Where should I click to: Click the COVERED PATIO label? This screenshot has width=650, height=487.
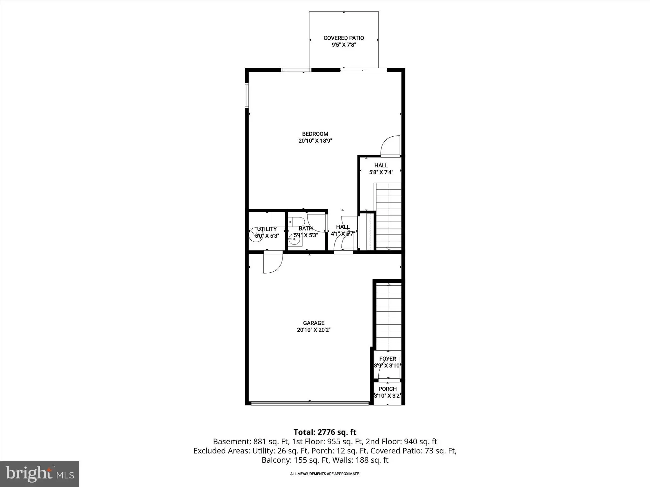(x=344, y=38)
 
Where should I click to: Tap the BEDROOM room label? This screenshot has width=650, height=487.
(x=315, y=134)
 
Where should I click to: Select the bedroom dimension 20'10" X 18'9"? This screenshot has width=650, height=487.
(x=315, y=141)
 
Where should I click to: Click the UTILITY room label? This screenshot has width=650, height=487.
(x=267, y=229)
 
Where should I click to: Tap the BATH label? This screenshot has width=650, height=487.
(x=306, y=228)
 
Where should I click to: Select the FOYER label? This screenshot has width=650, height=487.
(x=388, y=359)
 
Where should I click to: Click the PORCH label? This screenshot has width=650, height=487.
(x=388, y=389)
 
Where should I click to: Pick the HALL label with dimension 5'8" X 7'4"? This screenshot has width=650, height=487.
(x=381, y=166)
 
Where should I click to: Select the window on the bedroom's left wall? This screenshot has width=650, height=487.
(x=247, y=95)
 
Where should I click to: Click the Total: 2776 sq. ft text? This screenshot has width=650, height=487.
(x=325, y=432)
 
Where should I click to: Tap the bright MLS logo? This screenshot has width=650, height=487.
(x=40, y=474)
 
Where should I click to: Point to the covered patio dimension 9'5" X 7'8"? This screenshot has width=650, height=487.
(x=344, y=45)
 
